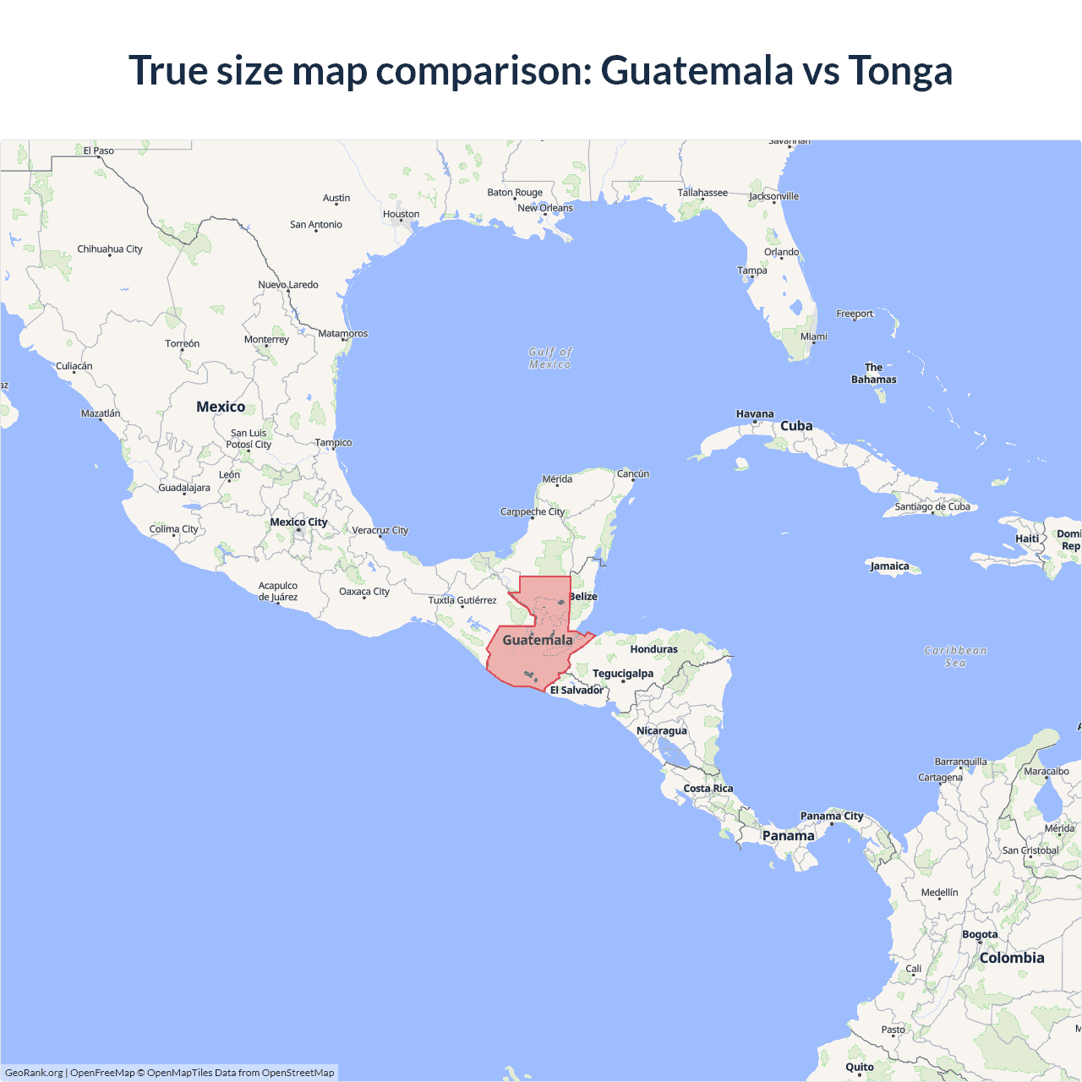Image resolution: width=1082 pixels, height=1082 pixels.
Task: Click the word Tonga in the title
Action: (x=900, y=70)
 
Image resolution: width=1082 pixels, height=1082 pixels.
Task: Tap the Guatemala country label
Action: (x=538, y=640)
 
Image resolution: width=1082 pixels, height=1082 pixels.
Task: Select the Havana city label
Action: (x=755, y=414)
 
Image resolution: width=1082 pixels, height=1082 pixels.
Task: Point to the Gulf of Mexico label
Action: (x=550, y=358)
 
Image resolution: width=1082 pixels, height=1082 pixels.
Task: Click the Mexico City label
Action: (x=298, y=522)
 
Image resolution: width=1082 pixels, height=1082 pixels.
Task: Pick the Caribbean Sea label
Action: (x=955, y=656)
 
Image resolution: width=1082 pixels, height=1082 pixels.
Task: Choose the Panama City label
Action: (x=832, y=816)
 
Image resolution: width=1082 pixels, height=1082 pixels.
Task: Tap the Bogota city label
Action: (x=980, y=934)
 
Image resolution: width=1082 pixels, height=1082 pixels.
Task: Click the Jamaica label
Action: (x=889, y=566)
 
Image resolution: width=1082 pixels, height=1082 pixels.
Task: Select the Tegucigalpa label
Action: (x=623, y=674)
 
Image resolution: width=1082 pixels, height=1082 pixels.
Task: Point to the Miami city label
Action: (x=814, y=336)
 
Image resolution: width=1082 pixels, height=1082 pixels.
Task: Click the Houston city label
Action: (x=401, y=214)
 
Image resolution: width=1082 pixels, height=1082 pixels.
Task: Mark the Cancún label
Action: (x=633, y=473)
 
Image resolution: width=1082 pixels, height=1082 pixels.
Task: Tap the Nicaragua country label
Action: (x=662, y=730)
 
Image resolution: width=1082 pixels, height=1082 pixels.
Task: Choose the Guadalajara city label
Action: (x=184, y=488)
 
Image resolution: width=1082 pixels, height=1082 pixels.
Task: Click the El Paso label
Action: (x=98, y=150)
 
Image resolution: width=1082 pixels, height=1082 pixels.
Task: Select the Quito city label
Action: (x=860, y=1067)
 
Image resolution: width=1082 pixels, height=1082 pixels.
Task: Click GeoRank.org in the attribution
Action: (x=34, y=1073)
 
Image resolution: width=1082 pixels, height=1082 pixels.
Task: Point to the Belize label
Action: (x=583, y=597)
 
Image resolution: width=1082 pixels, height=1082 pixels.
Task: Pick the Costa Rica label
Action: (x=708, y=789)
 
